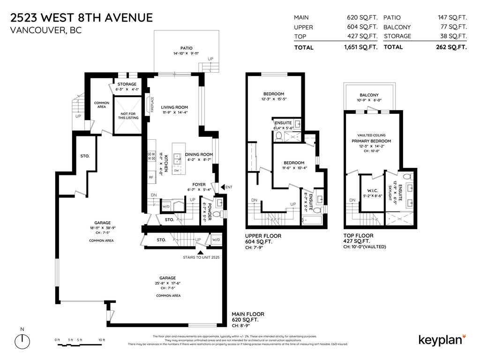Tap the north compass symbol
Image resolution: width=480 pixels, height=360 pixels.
(22, 340)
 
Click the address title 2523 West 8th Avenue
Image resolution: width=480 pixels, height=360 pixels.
(81, 18)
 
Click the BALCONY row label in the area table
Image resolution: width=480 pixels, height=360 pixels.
(397, 27)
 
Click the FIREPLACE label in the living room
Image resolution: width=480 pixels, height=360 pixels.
(152, 105)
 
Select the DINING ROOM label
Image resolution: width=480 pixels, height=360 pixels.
(199, 154)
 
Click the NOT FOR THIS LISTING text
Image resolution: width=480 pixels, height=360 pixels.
(128, 115)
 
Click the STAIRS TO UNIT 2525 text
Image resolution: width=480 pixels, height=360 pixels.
(201, 257)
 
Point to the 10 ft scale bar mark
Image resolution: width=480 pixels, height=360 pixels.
(102, 339)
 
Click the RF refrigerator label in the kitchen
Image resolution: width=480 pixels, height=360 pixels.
(151, 177)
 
